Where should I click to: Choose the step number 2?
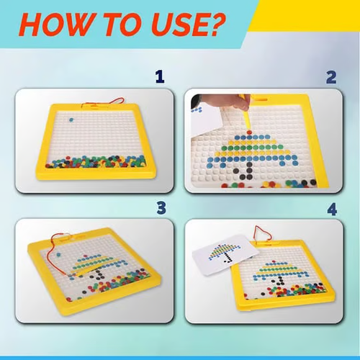pyautogui.click(x=331, y=77)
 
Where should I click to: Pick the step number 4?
pyautogui.click(x=331, y=208)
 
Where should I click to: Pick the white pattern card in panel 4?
pyautogui.click(x=223, y=259)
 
